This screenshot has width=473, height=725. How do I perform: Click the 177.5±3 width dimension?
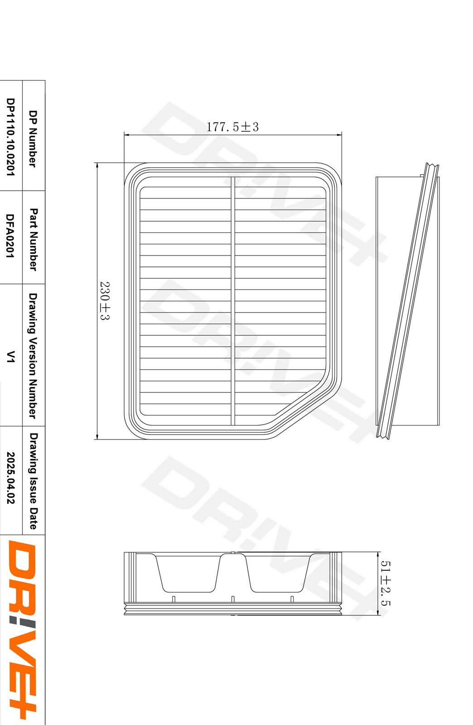232,127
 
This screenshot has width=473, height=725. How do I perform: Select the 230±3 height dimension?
105,301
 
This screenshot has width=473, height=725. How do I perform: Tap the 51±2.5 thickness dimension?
385,583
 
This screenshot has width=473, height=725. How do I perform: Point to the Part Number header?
33,239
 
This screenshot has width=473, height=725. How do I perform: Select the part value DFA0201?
10,236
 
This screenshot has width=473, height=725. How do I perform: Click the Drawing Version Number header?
33,355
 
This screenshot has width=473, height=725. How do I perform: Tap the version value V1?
10,356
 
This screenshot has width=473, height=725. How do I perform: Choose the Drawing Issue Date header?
33,481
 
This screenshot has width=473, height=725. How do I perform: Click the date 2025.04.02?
10,478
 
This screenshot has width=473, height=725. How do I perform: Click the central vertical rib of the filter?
233,301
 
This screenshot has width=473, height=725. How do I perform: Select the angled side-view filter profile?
408,301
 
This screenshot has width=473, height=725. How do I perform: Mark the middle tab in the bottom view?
232,599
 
